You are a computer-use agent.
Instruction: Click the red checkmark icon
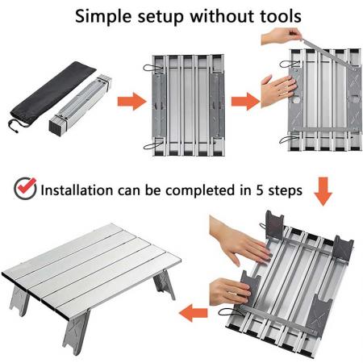click(25, 190)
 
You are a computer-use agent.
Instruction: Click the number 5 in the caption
click(257, 191)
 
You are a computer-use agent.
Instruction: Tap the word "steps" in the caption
click(284, 191)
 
